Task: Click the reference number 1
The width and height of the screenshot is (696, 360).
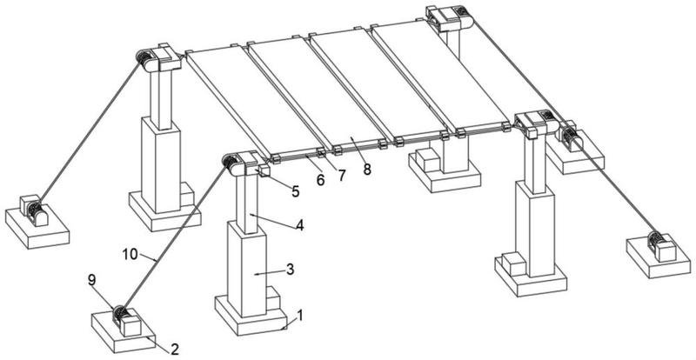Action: (301, 316)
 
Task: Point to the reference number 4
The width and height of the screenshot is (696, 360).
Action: (298, 223)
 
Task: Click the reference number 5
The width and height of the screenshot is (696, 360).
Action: (295, 190)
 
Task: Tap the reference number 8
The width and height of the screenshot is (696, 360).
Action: (367, 169)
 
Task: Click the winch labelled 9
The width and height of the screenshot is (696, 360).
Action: (124, 319)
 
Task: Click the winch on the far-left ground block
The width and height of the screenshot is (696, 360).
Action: (33, 210)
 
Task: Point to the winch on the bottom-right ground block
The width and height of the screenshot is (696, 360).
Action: (660, 246)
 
